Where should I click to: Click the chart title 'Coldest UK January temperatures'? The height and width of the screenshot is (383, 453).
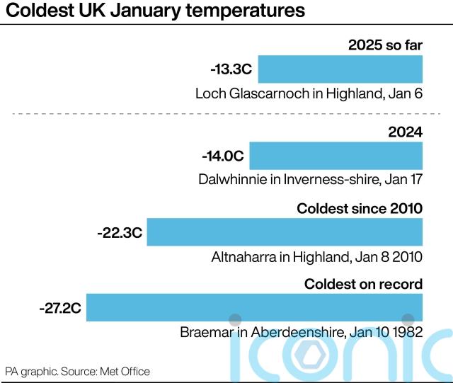156,12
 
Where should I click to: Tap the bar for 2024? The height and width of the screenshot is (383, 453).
336,155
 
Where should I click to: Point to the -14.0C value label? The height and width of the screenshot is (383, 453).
223,156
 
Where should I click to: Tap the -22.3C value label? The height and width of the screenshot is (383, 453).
120,232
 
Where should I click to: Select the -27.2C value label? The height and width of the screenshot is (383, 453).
60,309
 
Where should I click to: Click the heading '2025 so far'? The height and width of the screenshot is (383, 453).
385,46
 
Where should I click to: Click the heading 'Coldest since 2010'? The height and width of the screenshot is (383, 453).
360,208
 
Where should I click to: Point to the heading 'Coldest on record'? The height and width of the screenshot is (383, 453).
363,284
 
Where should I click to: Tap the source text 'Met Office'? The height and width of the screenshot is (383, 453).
126,371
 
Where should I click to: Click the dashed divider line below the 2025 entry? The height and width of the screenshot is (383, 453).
226,114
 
